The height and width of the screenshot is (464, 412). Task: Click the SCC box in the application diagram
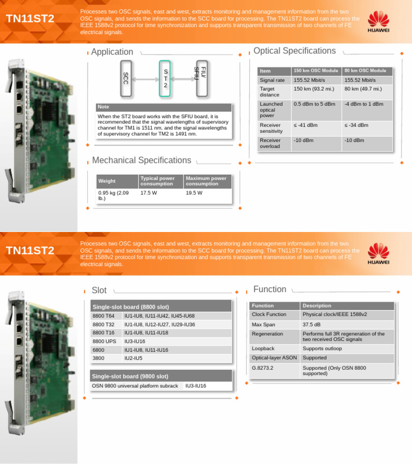pos(125,79)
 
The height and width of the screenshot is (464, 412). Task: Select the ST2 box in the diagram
pos(165,79)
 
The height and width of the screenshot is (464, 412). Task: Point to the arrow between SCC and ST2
pos(145,79)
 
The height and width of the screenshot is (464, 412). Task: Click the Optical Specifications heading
pos(294,51)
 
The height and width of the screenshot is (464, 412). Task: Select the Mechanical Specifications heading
pos(141,160)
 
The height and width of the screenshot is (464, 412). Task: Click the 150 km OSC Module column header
pos(316,71)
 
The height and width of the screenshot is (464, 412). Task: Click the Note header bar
pos(164,107)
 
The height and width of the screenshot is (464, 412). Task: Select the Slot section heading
pos(99,290)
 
